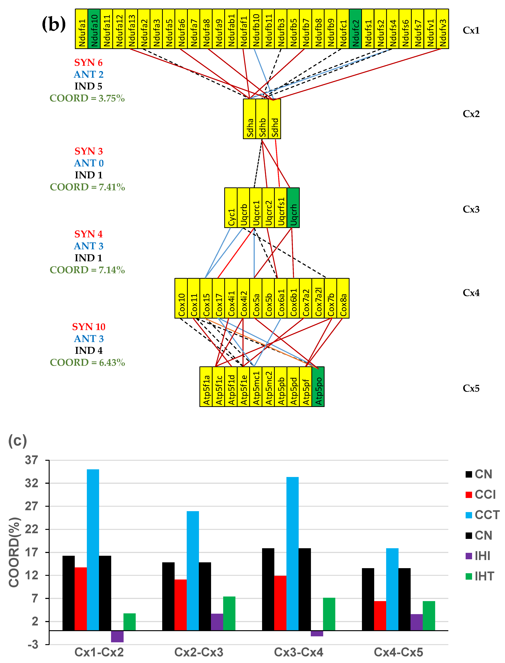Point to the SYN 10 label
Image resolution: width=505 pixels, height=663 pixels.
click(89, 327)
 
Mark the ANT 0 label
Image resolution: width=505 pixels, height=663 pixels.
click(89, 163)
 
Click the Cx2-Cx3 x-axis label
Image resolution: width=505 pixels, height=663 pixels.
click(199, 652)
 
